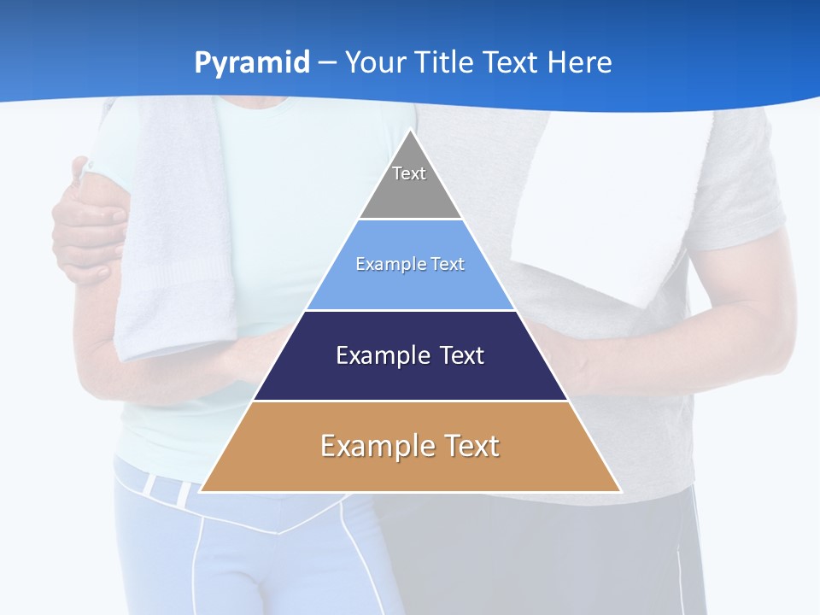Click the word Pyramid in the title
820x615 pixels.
tap(252, 63)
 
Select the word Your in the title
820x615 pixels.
tap(373, 62)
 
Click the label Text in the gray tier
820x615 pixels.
tap(409, 173)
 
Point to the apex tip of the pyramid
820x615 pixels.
tap(411, 131)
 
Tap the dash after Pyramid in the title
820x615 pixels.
tap(327, 63)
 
